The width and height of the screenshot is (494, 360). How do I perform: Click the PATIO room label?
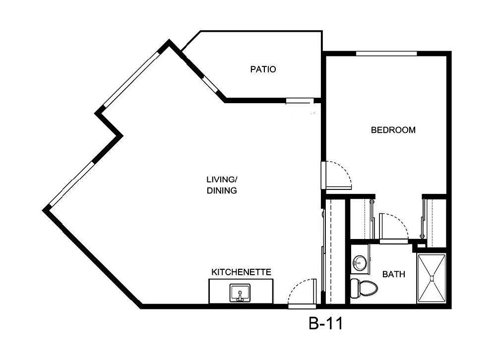pos(263,69)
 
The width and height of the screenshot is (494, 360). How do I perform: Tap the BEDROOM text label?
pos(393,130)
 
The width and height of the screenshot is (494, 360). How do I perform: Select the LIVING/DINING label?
pos(221,184)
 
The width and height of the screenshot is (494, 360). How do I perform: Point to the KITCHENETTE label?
pos(241,272)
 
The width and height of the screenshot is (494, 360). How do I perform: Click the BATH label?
pos(393,274)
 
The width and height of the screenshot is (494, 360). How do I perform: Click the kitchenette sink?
pos(240,293)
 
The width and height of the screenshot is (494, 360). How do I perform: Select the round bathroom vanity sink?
pos(359,262)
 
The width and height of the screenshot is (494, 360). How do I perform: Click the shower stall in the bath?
pos(432,278)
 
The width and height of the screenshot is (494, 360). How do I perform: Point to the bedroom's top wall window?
pos(386,53)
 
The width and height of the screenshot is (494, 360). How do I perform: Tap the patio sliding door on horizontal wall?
pos(300,101)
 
